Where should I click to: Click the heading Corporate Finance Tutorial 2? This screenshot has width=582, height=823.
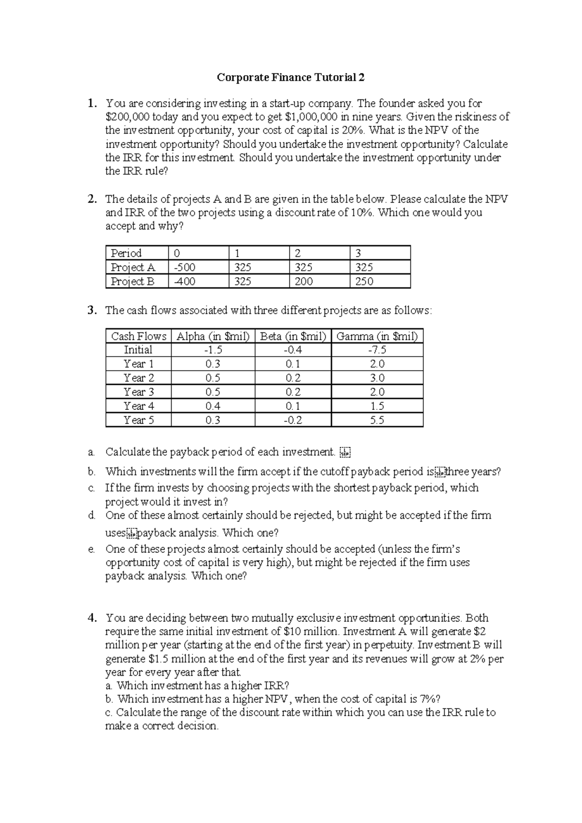tap(291, 78)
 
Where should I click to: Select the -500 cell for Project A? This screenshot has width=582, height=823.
tap(185, 267)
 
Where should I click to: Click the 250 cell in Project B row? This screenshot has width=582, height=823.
tap(364, 281)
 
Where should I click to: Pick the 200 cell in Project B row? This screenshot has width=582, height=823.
tap(304, 281)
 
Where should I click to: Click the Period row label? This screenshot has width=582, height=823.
tap(126, 253)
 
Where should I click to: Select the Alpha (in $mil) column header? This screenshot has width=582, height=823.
tap(213, 336)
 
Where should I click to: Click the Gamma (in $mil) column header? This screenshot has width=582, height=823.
tap(377, 336)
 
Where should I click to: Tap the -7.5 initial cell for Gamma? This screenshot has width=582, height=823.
tap(377, 350)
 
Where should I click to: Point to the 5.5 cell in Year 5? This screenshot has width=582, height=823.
tap(377, 420)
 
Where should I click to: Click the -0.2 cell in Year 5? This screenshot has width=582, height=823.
tap(293, 420)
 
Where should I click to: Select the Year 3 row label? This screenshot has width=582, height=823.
tap(139, 392)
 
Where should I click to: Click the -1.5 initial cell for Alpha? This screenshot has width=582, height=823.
tap(213, 350)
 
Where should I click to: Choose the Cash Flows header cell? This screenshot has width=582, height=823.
tap(139, 336)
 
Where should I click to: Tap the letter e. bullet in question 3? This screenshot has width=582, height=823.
tap(91, 549)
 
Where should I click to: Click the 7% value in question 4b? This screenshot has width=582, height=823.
tap(431, 699)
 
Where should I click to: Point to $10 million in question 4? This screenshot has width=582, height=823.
tap(310, 632)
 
